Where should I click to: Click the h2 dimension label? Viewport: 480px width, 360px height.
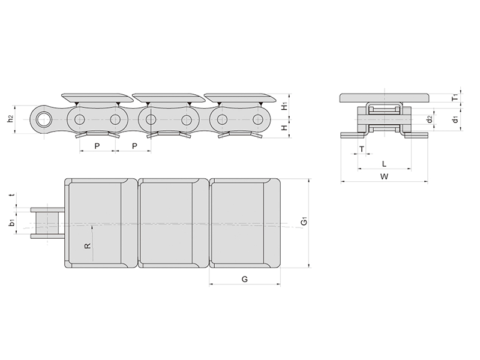(x=11, y=119)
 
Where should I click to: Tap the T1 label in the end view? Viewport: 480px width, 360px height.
(x=455, y=97)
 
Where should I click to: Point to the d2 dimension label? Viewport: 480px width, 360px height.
(x=430, y=119)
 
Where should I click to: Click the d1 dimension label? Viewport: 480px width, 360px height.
(x=455, y=119)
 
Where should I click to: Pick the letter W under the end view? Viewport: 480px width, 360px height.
(x=384, y=176)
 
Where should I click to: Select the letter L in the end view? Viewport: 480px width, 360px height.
(x=384, y=164)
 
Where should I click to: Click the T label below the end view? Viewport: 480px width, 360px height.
(x=362, y=149)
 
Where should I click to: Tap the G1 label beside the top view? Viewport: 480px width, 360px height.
(x=304, y=221)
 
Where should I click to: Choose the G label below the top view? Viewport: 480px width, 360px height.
(x=245, y=279)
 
